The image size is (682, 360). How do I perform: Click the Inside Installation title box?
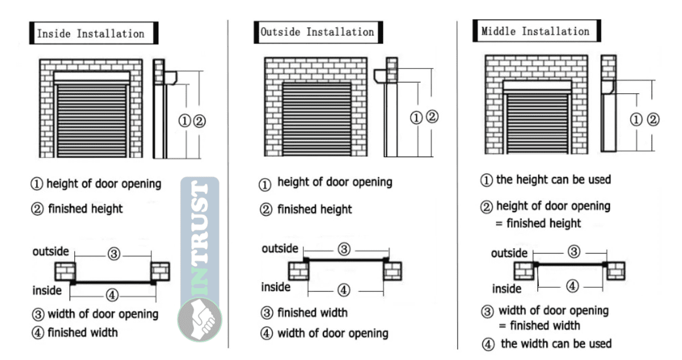click(93, 33)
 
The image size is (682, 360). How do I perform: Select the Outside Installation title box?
click(318, 32)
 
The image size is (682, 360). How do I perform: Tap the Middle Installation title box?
click(537, 31)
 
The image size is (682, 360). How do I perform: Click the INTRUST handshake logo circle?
click(199, 319)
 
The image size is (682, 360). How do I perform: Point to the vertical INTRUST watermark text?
click(199, 238)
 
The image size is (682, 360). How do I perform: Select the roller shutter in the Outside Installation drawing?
click(317, 119)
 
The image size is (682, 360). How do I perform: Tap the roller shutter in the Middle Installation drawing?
click(537, 123)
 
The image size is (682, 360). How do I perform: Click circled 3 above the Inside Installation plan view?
click(114, 253)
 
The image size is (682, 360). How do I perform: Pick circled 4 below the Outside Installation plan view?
click(343, 290)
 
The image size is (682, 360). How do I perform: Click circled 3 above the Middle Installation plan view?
click(574, 252)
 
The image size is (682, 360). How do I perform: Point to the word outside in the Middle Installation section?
click(509, 253)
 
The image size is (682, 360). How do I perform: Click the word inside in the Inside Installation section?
click(47, 290)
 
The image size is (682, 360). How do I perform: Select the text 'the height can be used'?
click(553, 179)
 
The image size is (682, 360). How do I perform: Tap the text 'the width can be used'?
click(556, 343)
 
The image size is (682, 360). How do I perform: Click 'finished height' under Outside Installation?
click(314, 209)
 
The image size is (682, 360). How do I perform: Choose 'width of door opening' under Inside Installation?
click(103, 314)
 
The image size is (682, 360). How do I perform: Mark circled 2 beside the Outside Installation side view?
click(432, 117)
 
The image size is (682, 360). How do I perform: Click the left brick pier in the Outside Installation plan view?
click(299, 270)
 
